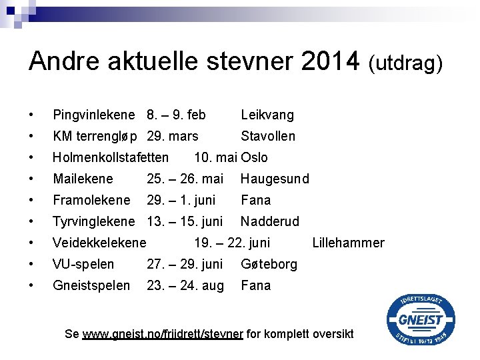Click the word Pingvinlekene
pyautogui.click(x=93, y=115)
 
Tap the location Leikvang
pyautogui.click(x=267, y=115)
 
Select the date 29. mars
pyautogui.click(x=173, y=136)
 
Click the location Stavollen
pyautogui.click(x=268, y=136)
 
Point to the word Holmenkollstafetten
pyautogui.click(x=111, y=157)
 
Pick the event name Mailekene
pyautogui.click(x=83, y=179)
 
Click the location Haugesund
pyautogui.click(x=275, y=179)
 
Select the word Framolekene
pyautogui.click(x=91, y=200)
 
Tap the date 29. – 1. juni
pyautogui.click(x=181, y=200)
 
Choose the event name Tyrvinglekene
pyautogui.click(x=94, y=221)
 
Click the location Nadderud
pyautogui.click(x=270, y=221)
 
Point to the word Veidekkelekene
pyautogui.click(x=99, y=243)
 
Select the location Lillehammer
pyautogui.click(x=348, y=243)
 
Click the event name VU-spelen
pyautogui.click(x=83, y=264)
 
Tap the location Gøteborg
pyautogui.click(x=269, y=264)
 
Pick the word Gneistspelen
pyautogui.click(x=91, y=285)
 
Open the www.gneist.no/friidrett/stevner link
pyautogui.click(x=163, y=334)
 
